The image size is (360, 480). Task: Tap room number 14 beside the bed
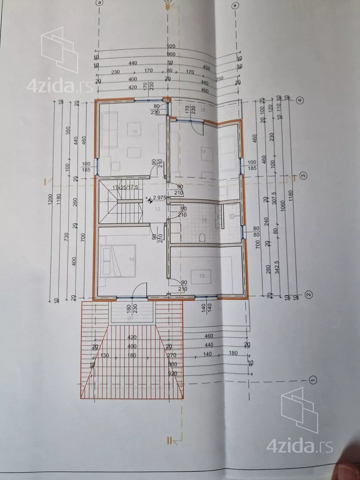(x=132, y=259)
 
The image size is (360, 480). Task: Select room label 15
(x=202, y=276)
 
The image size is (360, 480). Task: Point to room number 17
(x=204, y=152)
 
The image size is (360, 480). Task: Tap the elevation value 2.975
(x=159, y=199)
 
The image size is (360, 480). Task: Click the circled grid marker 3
(x=304, y=175)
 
